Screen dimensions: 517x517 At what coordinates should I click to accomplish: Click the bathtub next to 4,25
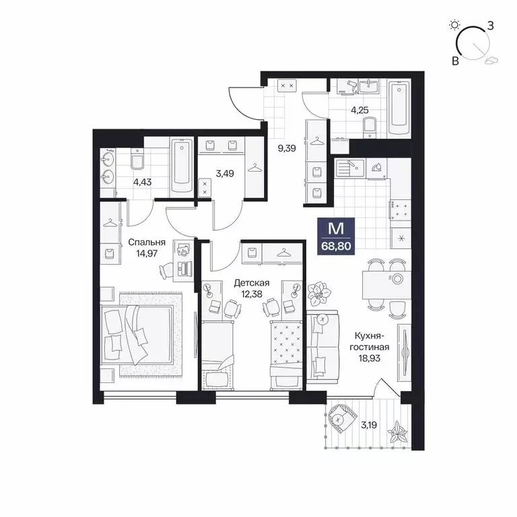[x=399, y=108]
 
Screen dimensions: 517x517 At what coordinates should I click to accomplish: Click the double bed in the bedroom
[x=140, y=333]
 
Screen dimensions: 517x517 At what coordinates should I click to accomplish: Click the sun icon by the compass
[x=455, y=26]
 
